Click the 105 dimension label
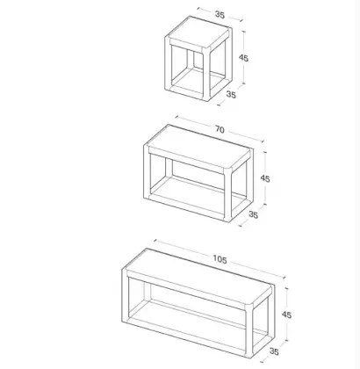(x=220, y=259)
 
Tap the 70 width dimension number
(x=220, y=129)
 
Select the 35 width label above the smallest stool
(x=220, y=14)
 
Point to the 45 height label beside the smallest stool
(x=243, y=58)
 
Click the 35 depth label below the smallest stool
(x=231, y=95)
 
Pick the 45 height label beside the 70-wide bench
(x=265, y=178)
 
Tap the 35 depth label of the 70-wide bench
(x=253, y=214)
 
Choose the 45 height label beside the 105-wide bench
(x=286, y=315)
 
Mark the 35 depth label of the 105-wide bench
(x=274, y=351)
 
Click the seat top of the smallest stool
(x=198, y=33)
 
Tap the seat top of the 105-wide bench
(x=199, y=279)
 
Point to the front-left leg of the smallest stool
(x=168, y=63)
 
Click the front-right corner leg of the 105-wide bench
(x=249, y=331)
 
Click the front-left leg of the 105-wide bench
(x=126, y=295)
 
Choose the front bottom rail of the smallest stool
(x=187, y=93)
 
